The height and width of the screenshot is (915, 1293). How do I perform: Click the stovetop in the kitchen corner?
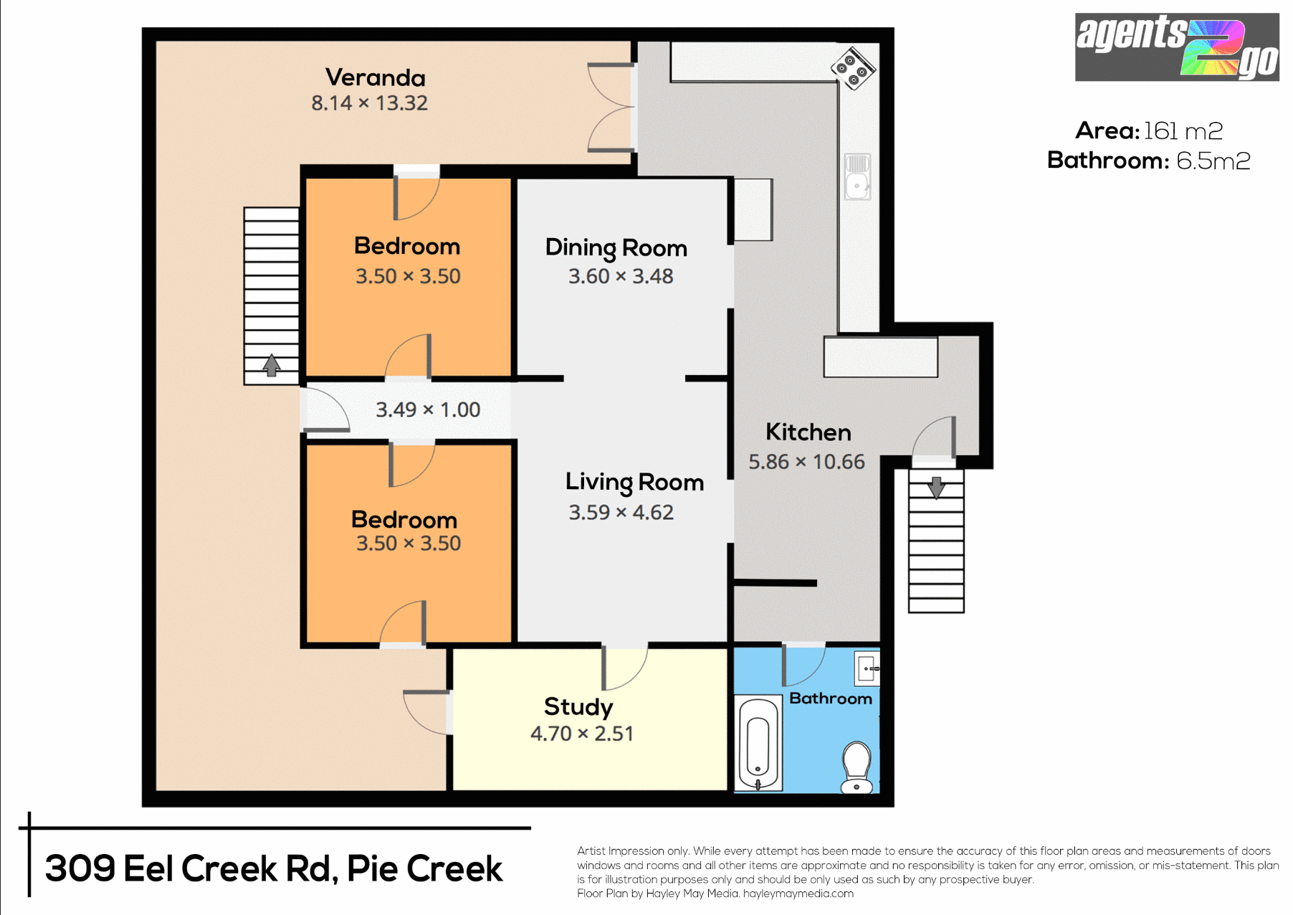(853, 69)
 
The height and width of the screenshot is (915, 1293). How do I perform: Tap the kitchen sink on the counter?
(857, 176)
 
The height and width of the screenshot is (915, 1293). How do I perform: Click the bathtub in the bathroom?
(758, 744)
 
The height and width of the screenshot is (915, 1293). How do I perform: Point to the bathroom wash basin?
(867, 669)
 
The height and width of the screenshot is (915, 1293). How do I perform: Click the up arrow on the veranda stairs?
(271, 365)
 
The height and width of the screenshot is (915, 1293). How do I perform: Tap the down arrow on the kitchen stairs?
(936, 487)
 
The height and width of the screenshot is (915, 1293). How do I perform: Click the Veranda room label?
(375, 77)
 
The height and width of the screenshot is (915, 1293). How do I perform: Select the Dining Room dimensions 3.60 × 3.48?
(621, 276)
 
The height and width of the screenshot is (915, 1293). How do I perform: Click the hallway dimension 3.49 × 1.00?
(428, 409)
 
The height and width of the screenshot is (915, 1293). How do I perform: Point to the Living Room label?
(634, 482)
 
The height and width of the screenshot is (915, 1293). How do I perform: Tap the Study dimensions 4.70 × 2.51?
(582, 734)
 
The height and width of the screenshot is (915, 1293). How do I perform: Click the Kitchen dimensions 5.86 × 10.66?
(806, 462)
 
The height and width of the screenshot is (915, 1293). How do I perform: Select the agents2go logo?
(1176, 47)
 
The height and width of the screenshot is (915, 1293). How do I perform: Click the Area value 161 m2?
(1183, 131)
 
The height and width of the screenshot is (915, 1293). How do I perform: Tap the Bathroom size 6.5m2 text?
(1213, 161)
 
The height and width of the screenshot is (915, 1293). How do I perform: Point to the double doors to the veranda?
(611, 108)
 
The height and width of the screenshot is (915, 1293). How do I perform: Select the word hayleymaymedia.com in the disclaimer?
(798, 893)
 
